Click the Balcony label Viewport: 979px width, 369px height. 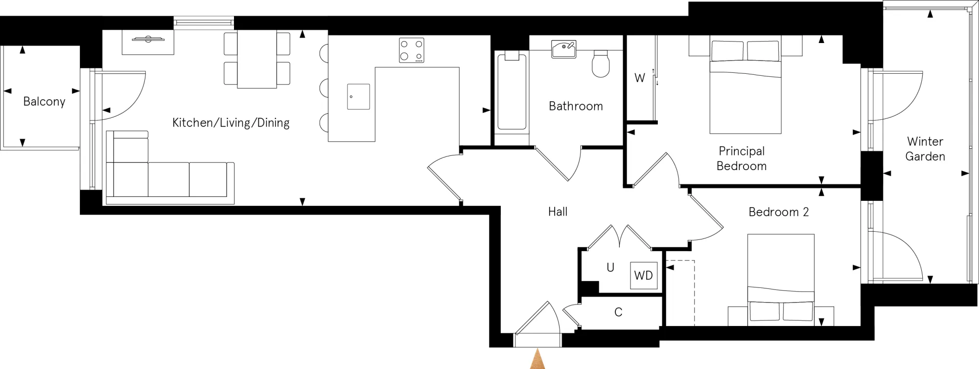pos(44,102)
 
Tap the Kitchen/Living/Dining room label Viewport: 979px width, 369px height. pos(231,123)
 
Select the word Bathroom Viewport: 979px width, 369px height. pos(576,106)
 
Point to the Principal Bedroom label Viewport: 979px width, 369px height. pos(741,158)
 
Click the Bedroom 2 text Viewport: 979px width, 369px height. pos(778,212)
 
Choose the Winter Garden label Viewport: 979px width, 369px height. pos(925,149)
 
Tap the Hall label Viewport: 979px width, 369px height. pos(558,212)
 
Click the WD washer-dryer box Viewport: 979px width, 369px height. pos(643,276)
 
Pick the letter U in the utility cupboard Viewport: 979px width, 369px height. pos(610,268)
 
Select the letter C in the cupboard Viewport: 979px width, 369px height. pos(618,312)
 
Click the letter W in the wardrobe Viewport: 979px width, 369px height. pos(639,78)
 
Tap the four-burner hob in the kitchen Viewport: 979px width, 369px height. pos(412,50)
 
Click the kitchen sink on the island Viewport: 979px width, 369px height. pos(358,96)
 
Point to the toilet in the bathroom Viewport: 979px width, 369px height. pos(601,65)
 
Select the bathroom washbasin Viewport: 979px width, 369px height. pos(564,49)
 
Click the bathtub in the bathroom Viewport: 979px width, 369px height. pos(512,93)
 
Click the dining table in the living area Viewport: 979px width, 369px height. pos(257,60)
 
